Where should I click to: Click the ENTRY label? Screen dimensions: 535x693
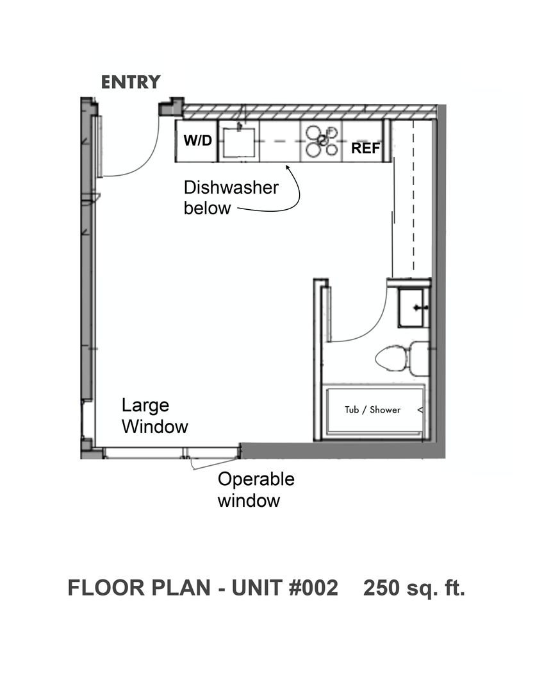point(131,82)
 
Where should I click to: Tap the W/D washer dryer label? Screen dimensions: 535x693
point(198,140)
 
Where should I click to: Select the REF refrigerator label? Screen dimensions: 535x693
point(365,148)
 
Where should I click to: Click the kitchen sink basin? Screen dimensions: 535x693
point(239,142)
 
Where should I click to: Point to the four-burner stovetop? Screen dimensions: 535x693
point(322,141)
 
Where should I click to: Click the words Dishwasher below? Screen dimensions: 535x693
point(231,198)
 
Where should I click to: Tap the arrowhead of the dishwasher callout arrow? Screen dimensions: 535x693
point(288,167)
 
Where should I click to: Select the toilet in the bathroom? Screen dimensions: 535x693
point(402,358)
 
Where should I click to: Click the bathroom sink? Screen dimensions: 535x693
point(413,307)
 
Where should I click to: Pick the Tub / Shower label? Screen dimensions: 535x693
point(372,409)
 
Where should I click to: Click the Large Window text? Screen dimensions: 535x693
point(154,416)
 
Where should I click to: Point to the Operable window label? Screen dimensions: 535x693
point(256,490)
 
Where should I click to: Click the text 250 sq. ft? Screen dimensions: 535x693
point(414,588)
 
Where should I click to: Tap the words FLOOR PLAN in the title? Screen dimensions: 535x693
point(139,588)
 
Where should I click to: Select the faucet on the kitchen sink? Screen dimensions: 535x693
point(239,127)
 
